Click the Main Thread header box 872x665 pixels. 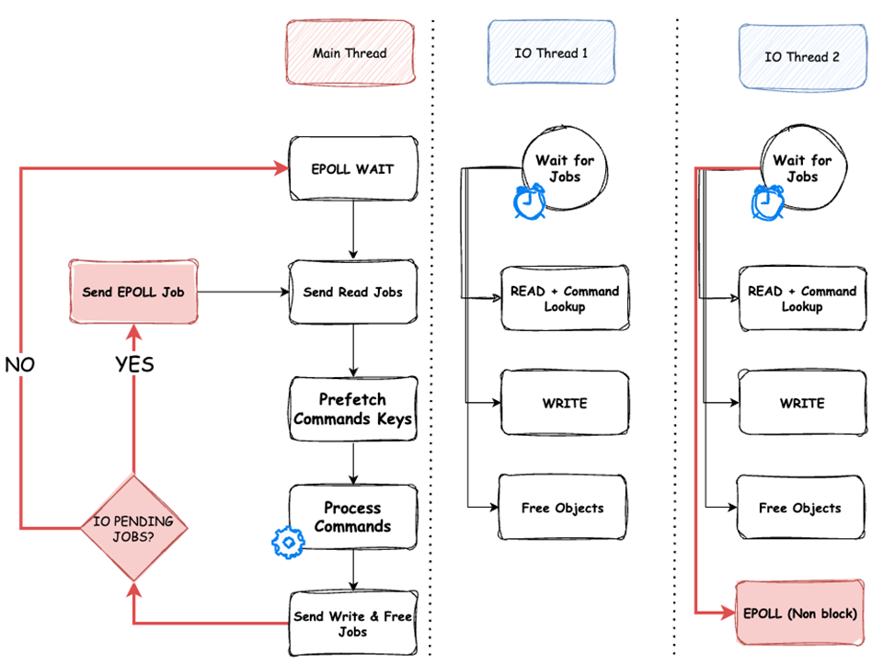click(350, 53)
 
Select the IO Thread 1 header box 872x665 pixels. click(551, 53)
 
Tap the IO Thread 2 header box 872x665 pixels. click(802, 56)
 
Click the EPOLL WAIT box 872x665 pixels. click(353, 169)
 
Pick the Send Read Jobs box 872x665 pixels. click(353, 292)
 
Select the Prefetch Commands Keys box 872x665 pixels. click(353, 409)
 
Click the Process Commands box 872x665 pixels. click(353, 517)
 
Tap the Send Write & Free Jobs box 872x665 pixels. click(353, 625)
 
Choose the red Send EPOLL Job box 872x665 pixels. click(134, 292)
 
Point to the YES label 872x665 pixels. click(134, 364)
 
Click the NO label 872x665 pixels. click(20, 364)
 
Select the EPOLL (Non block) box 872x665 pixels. click(799, 613)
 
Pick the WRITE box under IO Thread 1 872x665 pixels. click(564, 403)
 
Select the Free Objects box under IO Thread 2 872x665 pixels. click(799, 508)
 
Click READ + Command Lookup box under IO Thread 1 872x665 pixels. click(564, 298)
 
